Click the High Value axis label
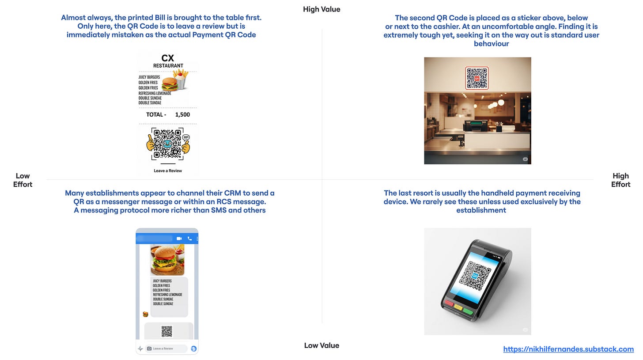[x=321, y=9]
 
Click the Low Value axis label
[x=321, y=345]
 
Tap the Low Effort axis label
[x=23, y=180]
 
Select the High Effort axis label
[x=620, y=180]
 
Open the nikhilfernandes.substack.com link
[x=568, y=349]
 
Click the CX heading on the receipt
[x=168, y=58]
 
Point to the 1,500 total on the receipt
[x=182, y=114]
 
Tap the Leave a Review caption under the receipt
[x=168, y=171]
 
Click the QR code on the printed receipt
[x=167, y=144]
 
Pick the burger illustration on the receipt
[x=170, y=84]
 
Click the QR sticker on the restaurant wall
[x=477, y=78]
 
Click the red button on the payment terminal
[x=449, y=303]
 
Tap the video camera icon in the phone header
[x=179, y=239]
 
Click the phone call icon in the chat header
[x=190, y=239]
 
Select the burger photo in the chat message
[x=167, y=260]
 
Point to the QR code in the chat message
[x=167, y=332]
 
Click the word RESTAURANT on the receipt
[x=168, y=66]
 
